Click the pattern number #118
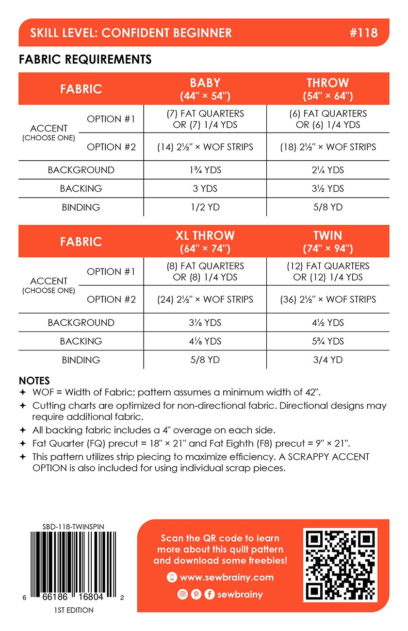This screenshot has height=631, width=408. pos(363,33)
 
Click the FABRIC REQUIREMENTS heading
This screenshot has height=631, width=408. pos(85,59)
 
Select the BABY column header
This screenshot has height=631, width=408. pos(205,88)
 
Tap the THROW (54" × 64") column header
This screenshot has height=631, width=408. pos(327,88)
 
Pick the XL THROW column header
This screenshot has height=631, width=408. pos(205,241)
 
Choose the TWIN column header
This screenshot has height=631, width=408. pos(327,241)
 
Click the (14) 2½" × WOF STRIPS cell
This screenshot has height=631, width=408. pos(205,147)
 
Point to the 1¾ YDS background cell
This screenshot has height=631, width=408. pos(205,170)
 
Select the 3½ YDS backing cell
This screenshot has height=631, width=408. pos(327,188)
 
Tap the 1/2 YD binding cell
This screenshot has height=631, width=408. pos(205,207)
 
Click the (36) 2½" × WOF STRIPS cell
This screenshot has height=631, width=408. pos(327,299)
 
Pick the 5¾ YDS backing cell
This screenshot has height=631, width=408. pos(327,341)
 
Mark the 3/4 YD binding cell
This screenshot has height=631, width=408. pos(327,360)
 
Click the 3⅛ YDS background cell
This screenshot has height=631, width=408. pos(205,323)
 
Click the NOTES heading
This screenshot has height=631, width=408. pos(34,381)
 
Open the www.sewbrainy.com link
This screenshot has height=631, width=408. pos(226,578)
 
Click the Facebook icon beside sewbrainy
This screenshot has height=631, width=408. pos(210,594)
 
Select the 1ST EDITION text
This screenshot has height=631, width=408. pos(74,610)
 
